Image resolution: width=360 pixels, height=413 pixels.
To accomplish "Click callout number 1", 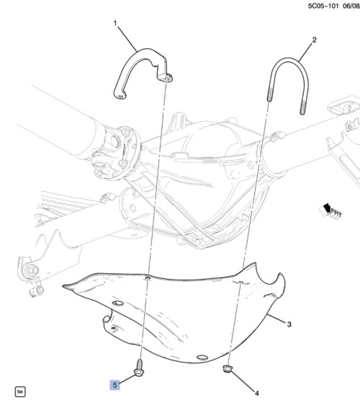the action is point(115,24).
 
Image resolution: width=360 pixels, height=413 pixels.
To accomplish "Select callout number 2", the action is point(314,40).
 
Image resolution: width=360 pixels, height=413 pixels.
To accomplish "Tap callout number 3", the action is point(289,324).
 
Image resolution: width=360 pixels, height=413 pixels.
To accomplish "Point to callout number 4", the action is point(257,394).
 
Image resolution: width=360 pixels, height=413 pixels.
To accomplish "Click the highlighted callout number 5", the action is point(114,385).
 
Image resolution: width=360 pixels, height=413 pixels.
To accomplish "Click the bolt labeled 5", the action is point(138,368).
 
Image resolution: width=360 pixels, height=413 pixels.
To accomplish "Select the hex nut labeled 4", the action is point(228,369).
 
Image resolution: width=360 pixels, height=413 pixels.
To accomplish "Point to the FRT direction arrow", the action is point(327,210).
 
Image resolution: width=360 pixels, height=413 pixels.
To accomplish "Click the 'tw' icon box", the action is point(20,391).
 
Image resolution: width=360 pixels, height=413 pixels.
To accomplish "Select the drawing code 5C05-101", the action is point(323,6).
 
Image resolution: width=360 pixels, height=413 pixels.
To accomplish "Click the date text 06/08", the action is point(351,6).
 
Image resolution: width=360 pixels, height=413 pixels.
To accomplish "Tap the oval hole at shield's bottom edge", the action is point(202,358).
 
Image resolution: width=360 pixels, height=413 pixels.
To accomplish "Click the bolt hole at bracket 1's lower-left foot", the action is point(121,96).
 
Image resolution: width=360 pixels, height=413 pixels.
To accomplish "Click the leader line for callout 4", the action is point(243,381).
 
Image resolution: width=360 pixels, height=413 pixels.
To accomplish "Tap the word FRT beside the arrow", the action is point(336,213).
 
